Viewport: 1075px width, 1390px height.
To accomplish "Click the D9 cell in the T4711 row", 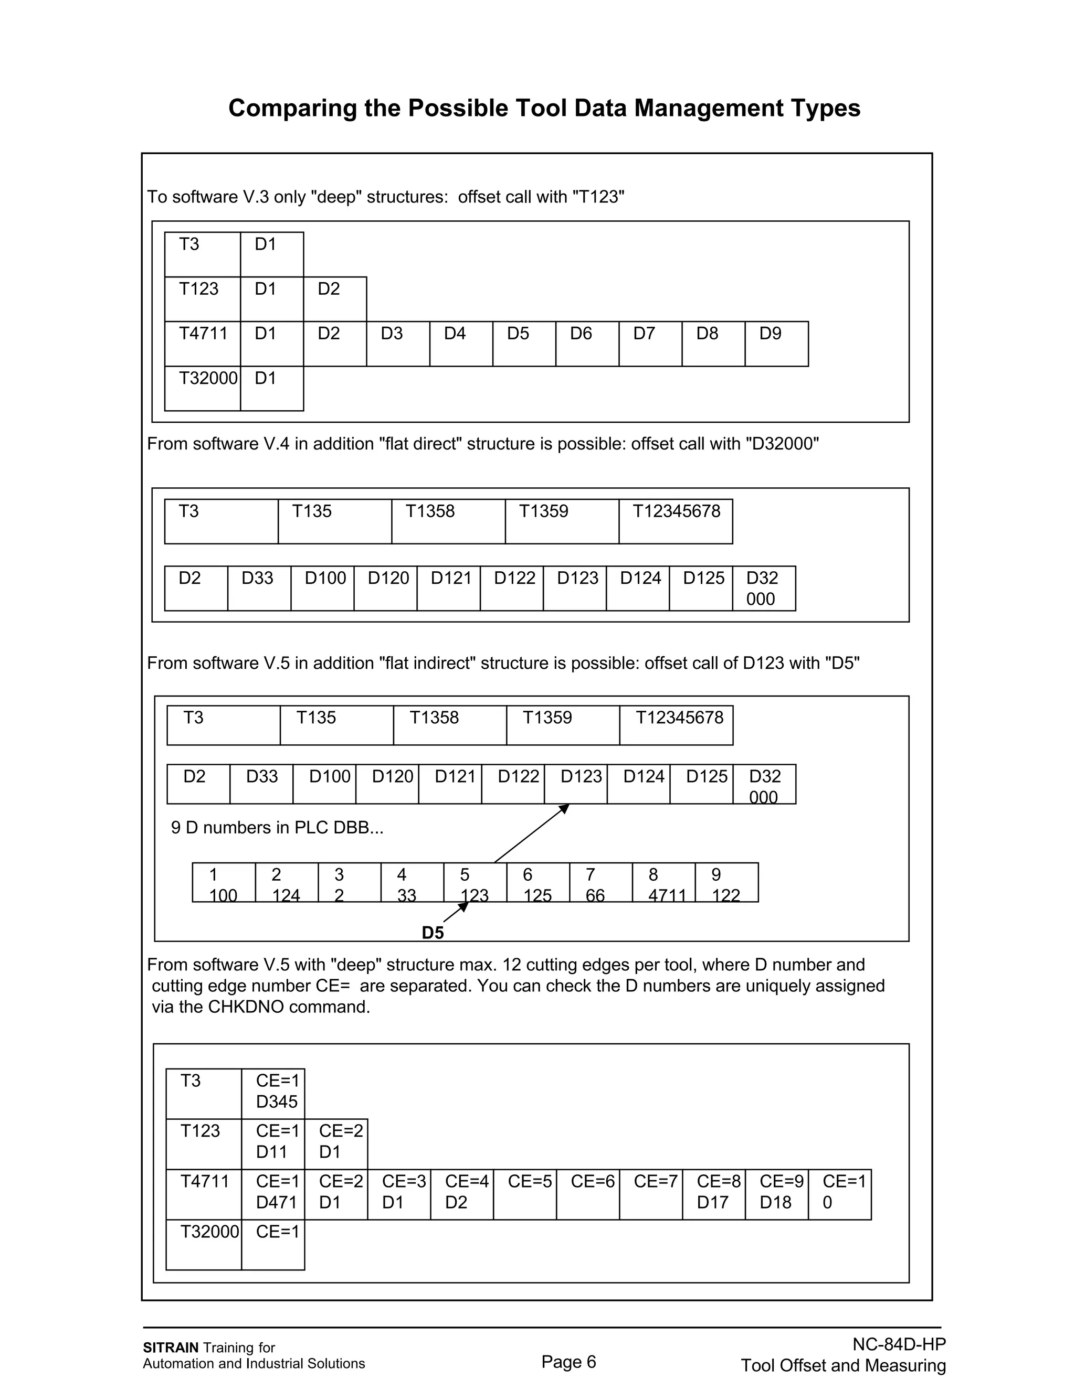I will (776, 343).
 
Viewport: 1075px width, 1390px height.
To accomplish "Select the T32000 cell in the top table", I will (203, 388).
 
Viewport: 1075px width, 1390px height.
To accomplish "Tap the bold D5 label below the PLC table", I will (433, 933).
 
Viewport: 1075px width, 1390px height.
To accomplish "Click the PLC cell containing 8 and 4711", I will (663, 883).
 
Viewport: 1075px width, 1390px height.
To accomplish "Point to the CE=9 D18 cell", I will (776, 1194).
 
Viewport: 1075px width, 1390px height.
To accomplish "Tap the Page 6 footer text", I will (568, 1361).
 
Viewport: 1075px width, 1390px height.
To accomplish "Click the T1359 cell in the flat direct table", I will (561, 521).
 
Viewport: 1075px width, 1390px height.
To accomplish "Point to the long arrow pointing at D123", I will (532, 833).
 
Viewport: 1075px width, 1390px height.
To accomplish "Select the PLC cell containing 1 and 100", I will (224, 883).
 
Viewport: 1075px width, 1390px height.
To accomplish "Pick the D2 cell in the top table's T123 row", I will (334, 298).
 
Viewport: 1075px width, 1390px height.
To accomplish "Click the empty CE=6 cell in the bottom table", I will (587, 1194).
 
